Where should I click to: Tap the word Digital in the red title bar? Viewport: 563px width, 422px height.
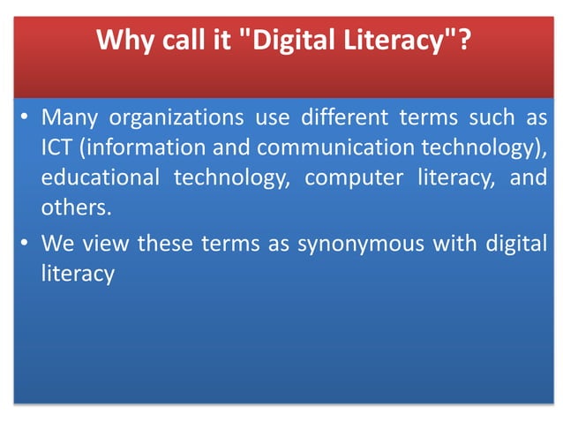291,40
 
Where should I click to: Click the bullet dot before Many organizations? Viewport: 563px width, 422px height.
26,117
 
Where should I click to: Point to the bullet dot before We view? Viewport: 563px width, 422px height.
26,246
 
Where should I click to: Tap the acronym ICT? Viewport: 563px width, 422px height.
57,146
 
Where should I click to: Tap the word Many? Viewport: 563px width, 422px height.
69,117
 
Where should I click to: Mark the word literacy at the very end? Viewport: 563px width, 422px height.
78,275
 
